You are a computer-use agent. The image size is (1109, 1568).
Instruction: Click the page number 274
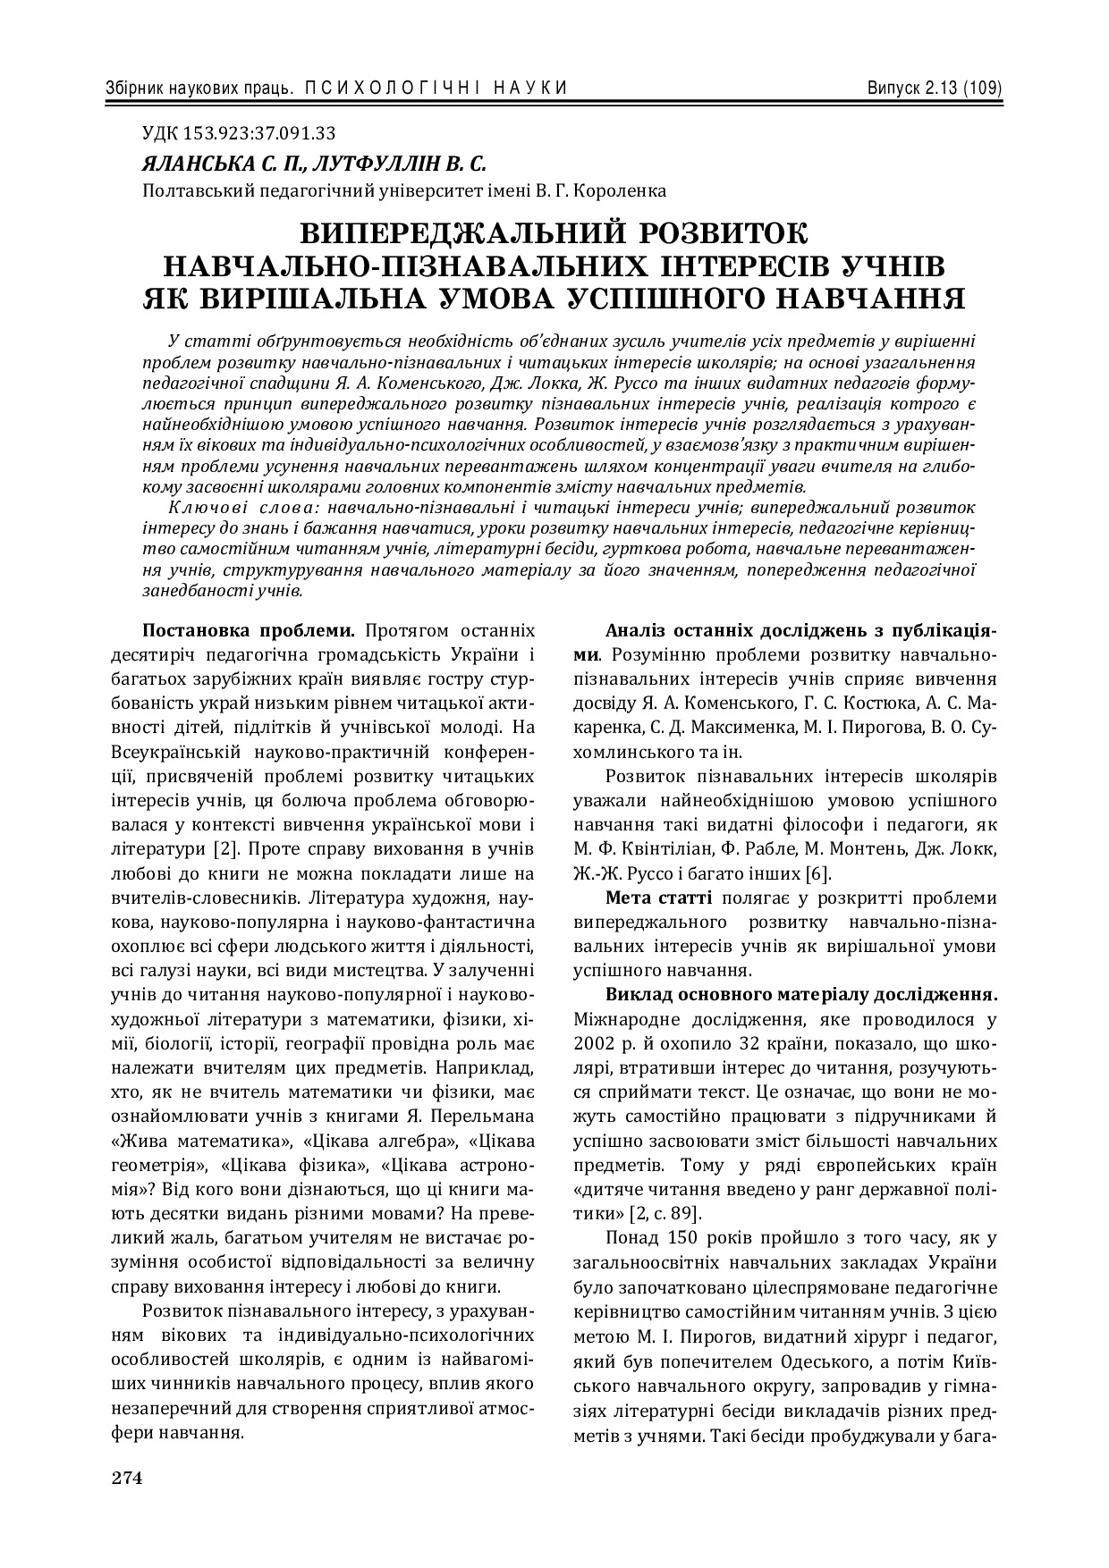[x=127, y=1477]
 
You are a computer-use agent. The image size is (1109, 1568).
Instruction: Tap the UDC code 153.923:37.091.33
[x=258, y=134]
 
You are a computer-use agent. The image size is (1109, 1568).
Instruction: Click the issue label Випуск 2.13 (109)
[x=933, y=88]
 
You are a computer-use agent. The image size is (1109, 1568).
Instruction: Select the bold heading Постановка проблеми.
[x=249, y=630]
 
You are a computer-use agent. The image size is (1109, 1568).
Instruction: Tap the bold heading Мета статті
[x=658, y=898]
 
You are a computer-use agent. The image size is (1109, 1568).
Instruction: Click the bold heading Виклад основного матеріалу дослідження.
[x=801, y=994]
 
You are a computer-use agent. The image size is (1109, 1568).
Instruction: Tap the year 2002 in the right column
[x=593, y=1043]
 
